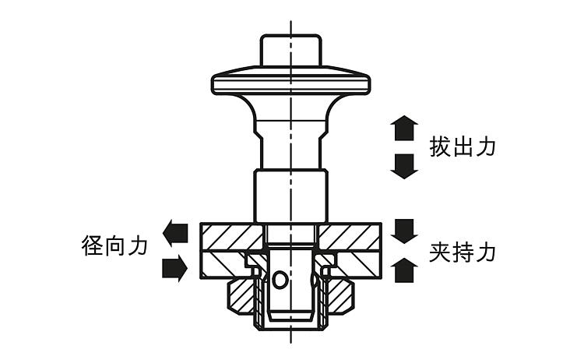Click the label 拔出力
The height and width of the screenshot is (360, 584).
pyautogui.click(x=463, y=147)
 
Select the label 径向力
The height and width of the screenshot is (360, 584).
pyautogui.click(x=114, y=246)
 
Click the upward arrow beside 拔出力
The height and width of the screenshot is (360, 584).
pyautogui.click(x=404, y=127)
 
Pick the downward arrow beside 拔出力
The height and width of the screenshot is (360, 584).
pyautogui.click(x=404, y=166)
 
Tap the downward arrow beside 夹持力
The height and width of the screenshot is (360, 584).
pyautogui.click(x=404, y=231)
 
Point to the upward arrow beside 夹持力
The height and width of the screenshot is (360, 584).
pyautogui.click(x=404, y=270)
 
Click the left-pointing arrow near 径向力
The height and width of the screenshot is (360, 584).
pyautogui.click(x=174, y=231)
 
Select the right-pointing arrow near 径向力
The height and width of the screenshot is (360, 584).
pyautogui.click(x=174, y=268)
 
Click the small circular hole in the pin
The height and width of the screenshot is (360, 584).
pyautogui.click(x=280, y=278)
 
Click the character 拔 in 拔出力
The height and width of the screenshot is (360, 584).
pyautogui.click(x=441, y=147)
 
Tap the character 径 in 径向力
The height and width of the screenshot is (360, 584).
pyautogui.click(x=93, y=246)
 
